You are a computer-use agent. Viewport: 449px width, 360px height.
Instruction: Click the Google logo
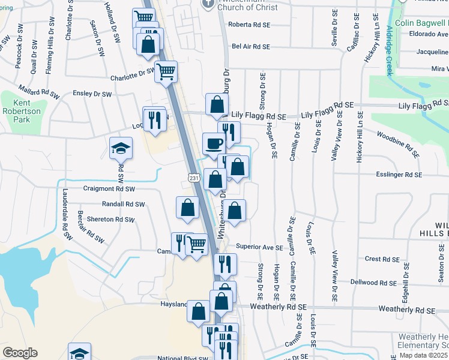pyautogui.click(x=20, y=353)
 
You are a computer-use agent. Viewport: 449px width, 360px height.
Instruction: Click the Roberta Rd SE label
pyautogui.click(x=250, y=25)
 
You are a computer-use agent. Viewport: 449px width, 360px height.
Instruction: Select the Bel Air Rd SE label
pyautogui.click(x=251, y=46)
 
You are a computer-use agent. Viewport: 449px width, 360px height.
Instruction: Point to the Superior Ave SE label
pyautogui.click(x=259, y=247)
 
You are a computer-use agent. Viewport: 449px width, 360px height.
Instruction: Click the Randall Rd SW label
pyautogui.click(x=124, y=204)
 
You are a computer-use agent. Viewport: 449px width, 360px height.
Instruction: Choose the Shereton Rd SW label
pyautogui.click(x=111, y=220)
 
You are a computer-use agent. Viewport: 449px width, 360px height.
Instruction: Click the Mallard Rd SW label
pyautogui.click(x=39, y=93)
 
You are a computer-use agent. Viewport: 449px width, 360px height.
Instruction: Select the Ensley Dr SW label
pyautogui.click(x=92, y=94)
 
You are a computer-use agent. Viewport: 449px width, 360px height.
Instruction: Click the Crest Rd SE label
pyautogui.click(x=382, y=259)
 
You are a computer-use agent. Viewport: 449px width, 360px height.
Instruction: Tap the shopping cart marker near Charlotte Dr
pyautogui.click(x=166, y=71)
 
